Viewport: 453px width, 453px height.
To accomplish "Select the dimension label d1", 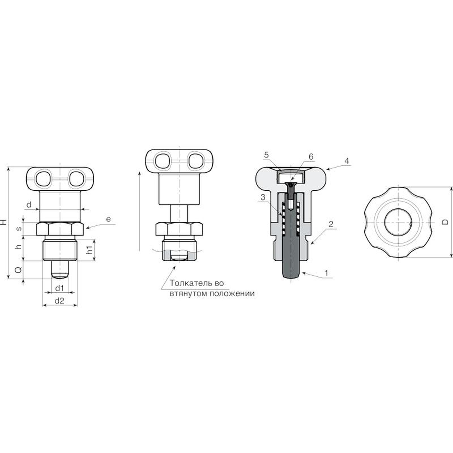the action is [x=59, y=288].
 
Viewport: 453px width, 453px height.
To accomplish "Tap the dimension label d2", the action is [x=59, y=301].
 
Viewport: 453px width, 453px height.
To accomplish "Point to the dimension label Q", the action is [x=18, y=270].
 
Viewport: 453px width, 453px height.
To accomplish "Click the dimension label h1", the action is [x=89, y=249].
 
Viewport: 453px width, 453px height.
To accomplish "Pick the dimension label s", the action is [x=19, y=228].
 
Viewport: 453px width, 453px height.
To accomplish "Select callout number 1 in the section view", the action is [x=326, y=273].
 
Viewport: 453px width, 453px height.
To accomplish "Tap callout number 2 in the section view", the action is [x=331, y=224].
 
